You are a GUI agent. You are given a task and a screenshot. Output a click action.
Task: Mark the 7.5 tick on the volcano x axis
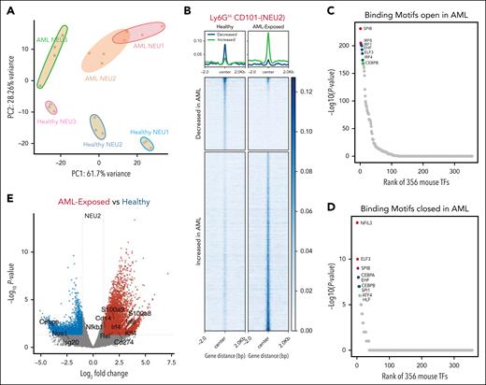[171, 359]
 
